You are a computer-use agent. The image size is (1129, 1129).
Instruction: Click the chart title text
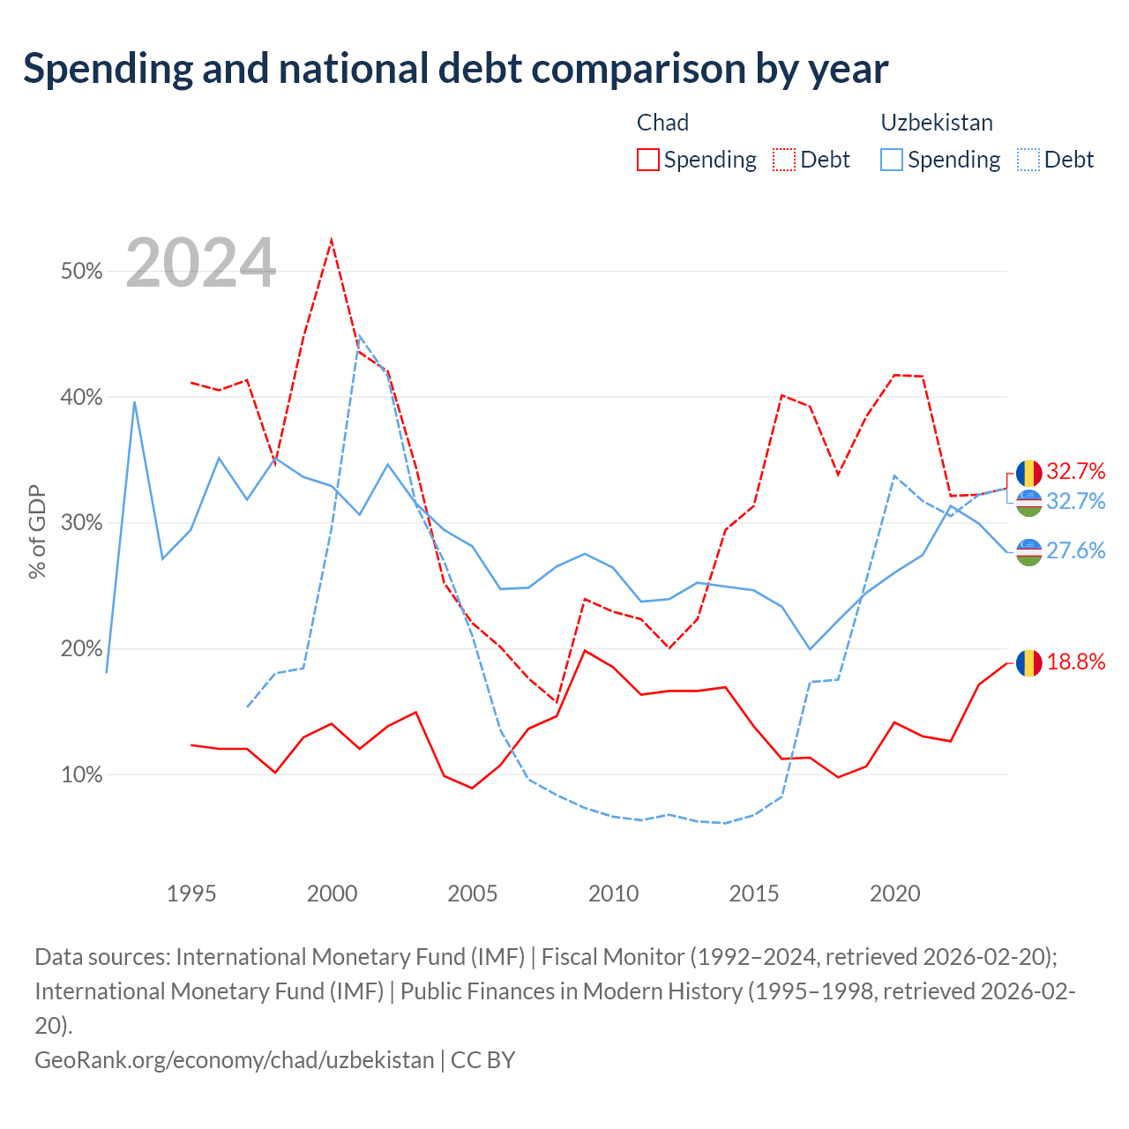click(x=455, y=70)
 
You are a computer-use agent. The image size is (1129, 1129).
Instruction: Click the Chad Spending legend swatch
click(x=647, y=160)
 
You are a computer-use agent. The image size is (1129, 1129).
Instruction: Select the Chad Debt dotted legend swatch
click(x=783, y=160)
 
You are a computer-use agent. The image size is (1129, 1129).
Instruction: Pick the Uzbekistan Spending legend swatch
click(x=891, y=160)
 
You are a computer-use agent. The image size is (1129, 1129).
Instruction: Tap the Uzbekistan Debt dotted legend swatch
click(x=1028, y=160)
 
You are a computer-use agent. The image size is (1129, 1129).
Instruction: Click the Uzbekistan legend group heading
click(x=936, y=123)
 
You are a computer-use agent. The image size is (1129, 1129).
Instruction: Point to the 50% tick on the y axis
click(x=81, y=272)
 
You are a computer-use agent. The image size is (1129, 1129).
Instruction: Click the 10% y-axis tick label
click(x=81, y=774)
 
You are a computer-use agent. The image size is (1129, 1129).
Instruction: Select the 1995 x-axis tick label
click(x=191, y=894)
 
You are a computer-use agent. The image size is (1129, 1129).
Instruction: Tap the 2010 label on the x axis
click(x=613, y=894)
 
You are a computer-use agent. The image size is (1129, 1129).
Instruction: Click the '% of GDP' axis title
click(x=37, y=531)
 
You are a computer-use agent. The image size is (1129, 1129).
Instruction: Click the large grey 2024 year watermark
click(x=200, y=263)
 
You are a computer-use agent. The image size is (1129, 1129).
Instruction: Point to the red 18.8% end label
click(x=1076, y=662)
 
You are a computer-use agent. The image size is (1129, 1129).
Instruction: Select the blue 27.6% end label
click(x=1076, y=550)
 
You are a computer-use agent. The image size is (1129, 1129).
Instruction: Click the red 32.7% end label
click(x=1076, y=471)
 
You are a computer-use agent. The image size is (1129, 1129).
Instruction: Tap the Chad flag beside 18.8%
click(x=1028, y=663)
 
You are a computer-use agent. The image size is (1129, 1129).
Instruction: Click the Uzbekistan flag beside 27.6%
click(x=1028, y=552)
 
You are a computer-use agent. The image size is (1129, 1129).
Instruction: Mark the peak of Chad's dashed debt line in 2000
click(x=332, y=240)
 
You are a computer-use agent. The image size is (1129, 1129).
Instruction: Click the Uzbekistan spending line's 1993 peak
click(x=135, y=402)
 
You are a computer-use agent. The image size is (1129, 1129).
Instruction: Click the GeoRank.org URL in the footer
click(x=234, y=1060)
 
